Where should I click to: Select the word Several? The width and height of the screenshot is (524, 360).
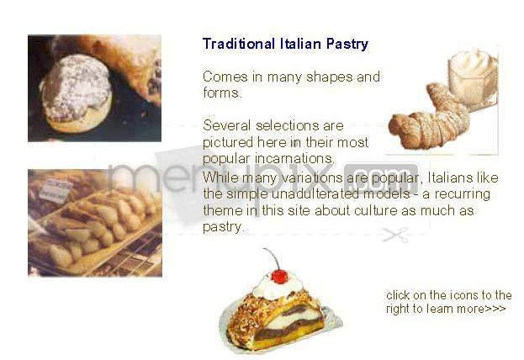pyautogui.click(x=226, y=126)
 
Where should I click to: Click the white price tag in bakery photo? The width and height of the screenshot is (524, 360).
pyautogui.click(x=56, y=188)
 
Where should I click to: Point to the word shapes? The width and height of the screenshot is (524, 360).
pyautogui.click(x=334, y=77)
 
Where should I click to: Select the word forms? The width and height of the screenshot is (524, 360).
pyautogui.click(x=221, y=93)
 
